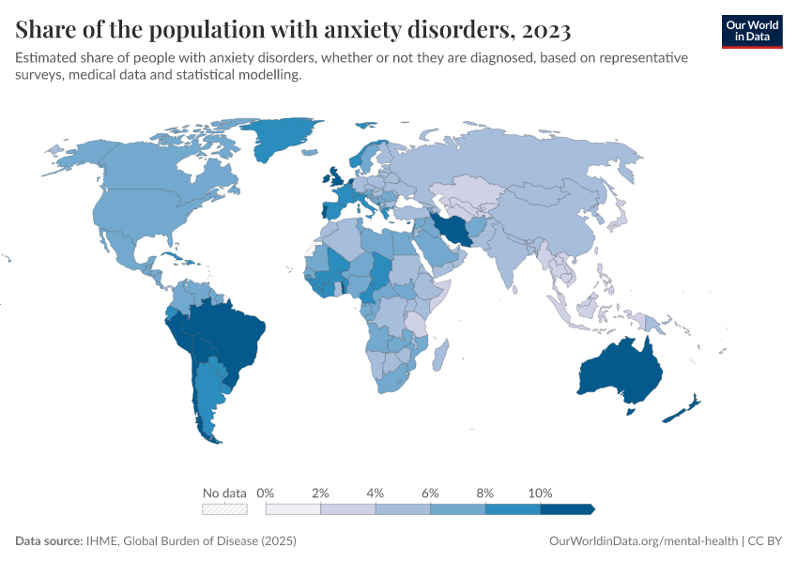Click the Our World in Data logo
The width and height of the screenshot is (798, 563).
point(751,31)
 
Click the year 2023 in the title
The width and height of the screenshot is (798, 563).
point(543,30)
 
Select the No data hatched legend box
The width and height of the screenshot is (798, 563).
point(225,509)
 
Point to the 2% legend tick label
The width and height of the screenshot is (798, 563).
point(320,493)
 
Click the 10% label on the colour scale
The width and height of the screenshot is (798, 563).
point(540,493)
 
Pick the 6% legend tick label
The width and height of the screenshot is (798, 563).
point(430,493)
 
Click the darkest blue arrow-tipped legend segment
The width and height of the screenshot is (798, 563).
point(566,509)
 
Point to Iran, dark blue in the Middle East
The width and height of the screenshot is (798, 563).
point(454,229)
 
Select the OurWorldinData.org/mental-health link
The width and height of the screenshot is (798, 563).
point(642,541)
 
